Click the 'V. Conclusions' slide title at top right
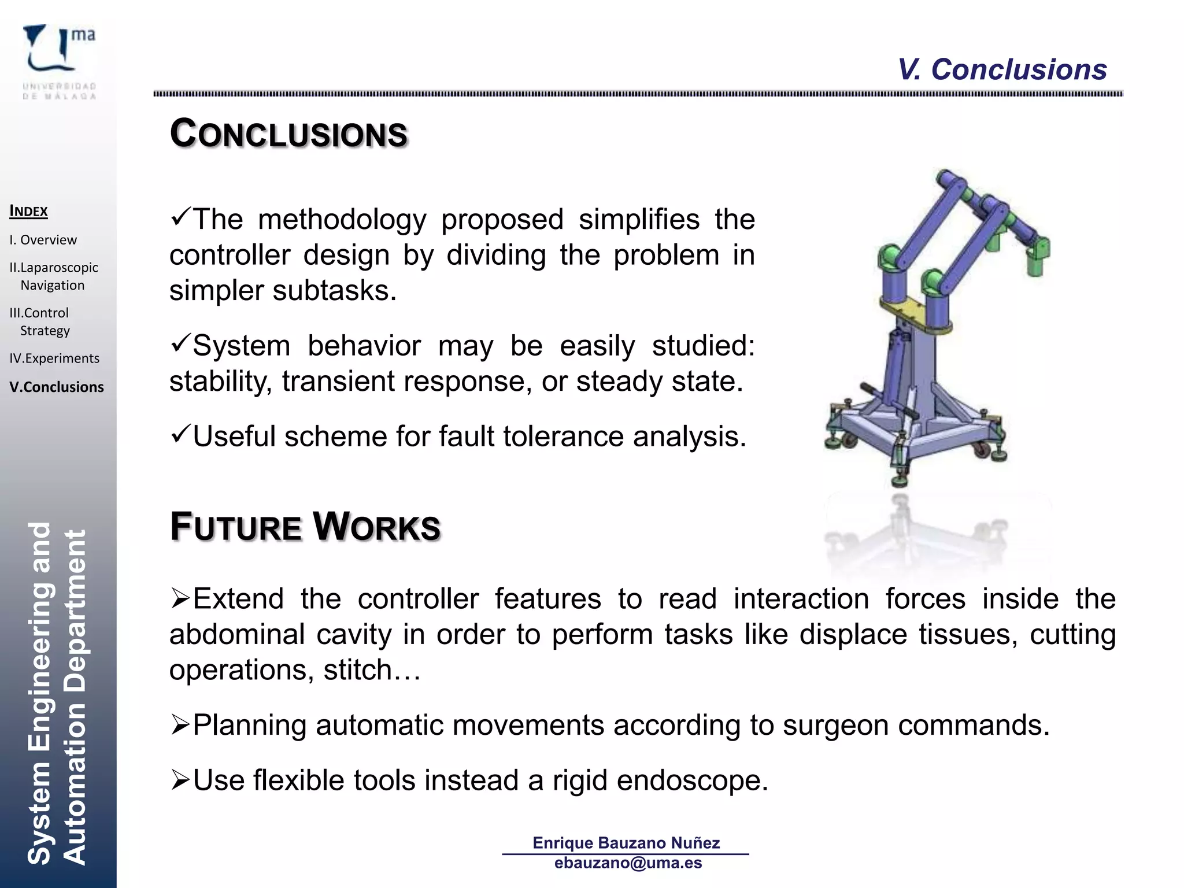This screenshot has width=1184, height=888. (1001, 70)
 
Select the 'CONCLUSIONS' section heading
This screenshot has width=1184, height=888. (288, 134)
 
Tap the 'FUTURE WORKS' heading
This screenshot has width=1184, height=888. (305, 527)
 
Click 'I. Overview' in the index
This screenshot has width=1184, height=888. (43, 240)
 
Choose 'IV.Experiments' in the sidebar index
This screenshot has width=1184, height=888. (54, 358)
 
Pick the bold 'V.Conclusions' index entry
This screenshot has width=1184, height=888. (57, 387)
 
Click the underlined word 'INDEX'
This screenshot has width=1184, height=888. (29, 212)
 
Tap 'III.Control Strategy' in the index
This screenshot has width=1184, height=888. (40, 321)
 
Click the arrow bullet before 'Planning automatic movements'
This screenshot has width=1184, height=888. (180, 725)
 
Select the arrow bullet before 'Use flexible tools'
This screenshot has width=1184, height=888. (180, 780)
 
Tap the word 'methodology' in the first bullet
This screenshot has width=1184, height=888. (342, 220)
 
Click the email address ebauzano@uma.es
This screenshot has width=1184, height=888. (628, 863)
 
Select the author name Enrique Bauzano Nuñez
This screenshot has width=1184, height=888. (626, 843)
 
